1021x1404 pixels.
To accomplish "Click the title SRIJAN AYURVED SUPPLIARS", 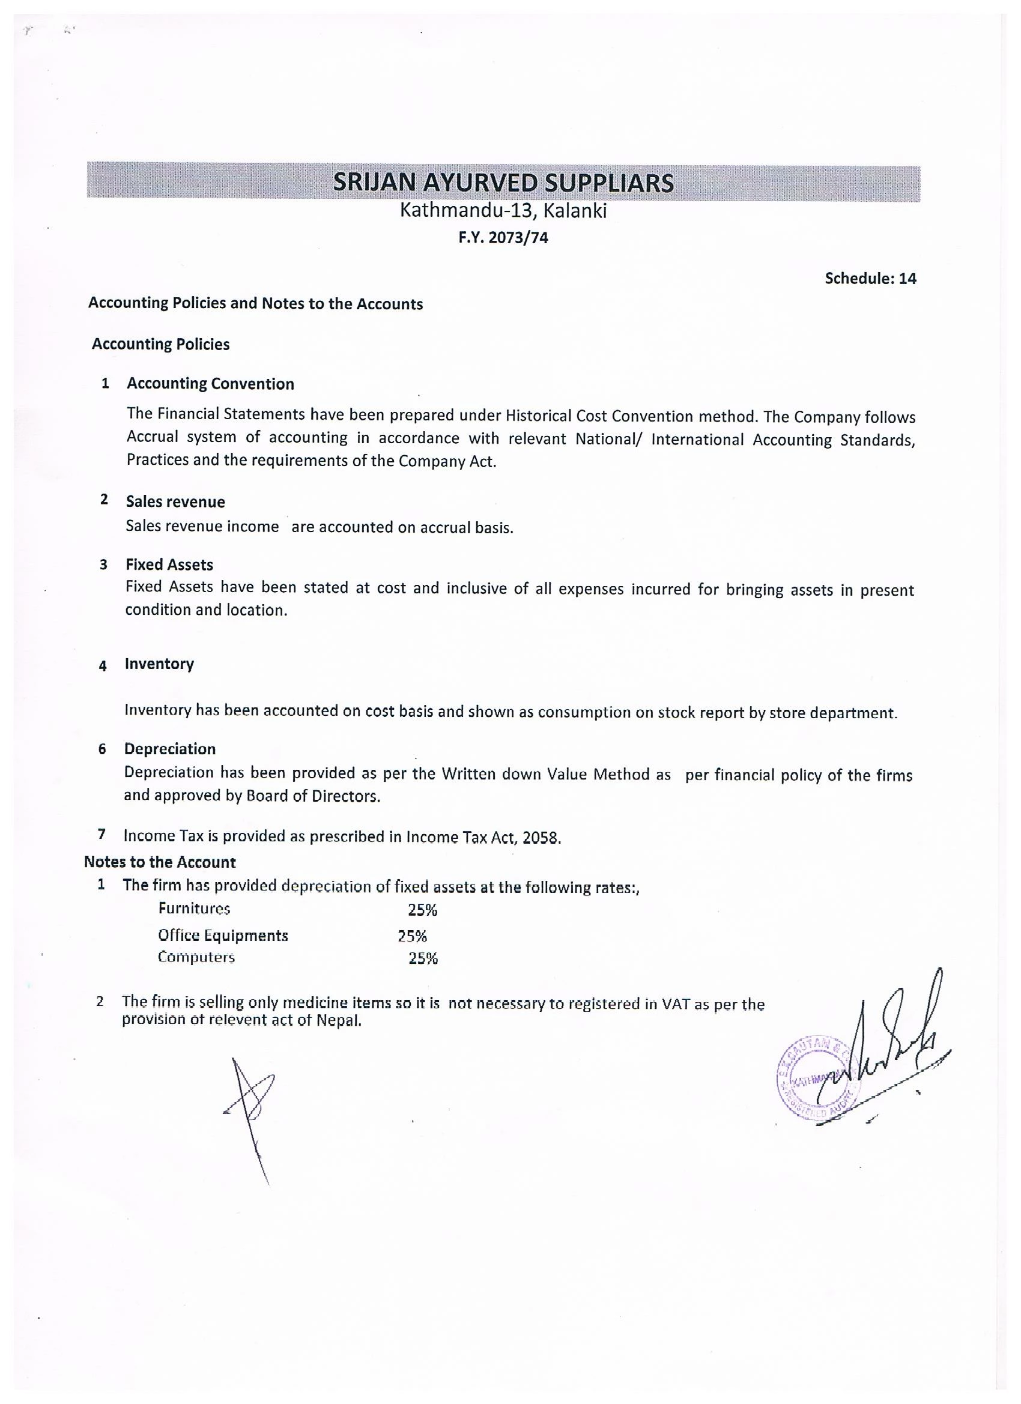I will pyautogui.click(x=503, y=183).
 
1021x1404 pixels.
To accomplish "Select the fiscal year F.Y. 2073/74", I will pyautogui.click(x=503, y=238).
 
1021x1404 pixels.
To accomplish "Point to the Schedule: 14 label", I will pyautogui.click(x=870, y=279).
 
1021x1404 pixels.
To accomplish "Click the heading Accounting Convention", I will pyautogui.click(x=211, y=384).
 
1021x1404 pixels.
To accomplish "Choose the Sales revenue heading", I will pyautogui.click(x=175, y=501).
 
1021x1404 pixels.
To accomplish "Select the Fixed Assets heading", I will pyautogui.click(x=169, y=564).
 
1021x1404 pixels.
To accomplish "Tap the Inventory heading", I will pyautogui.click(x=159, y=664).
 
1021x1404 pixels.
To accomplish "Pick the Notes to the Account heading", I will pyautogui.click(x=160, y=862).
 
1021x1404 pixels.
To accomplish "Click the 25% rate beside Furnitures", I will pyautogui.click(x=422, y=910).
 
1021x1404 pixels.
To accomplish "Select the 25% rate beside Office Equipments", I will pyautogui.click(x=413, y=936).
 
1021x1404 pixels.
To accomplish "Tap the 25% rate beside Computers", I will pyautogui.click(x=423, y=959).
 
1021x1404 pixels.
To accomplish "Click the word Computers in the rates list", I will pyautogui.click(x=196, y=957).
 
